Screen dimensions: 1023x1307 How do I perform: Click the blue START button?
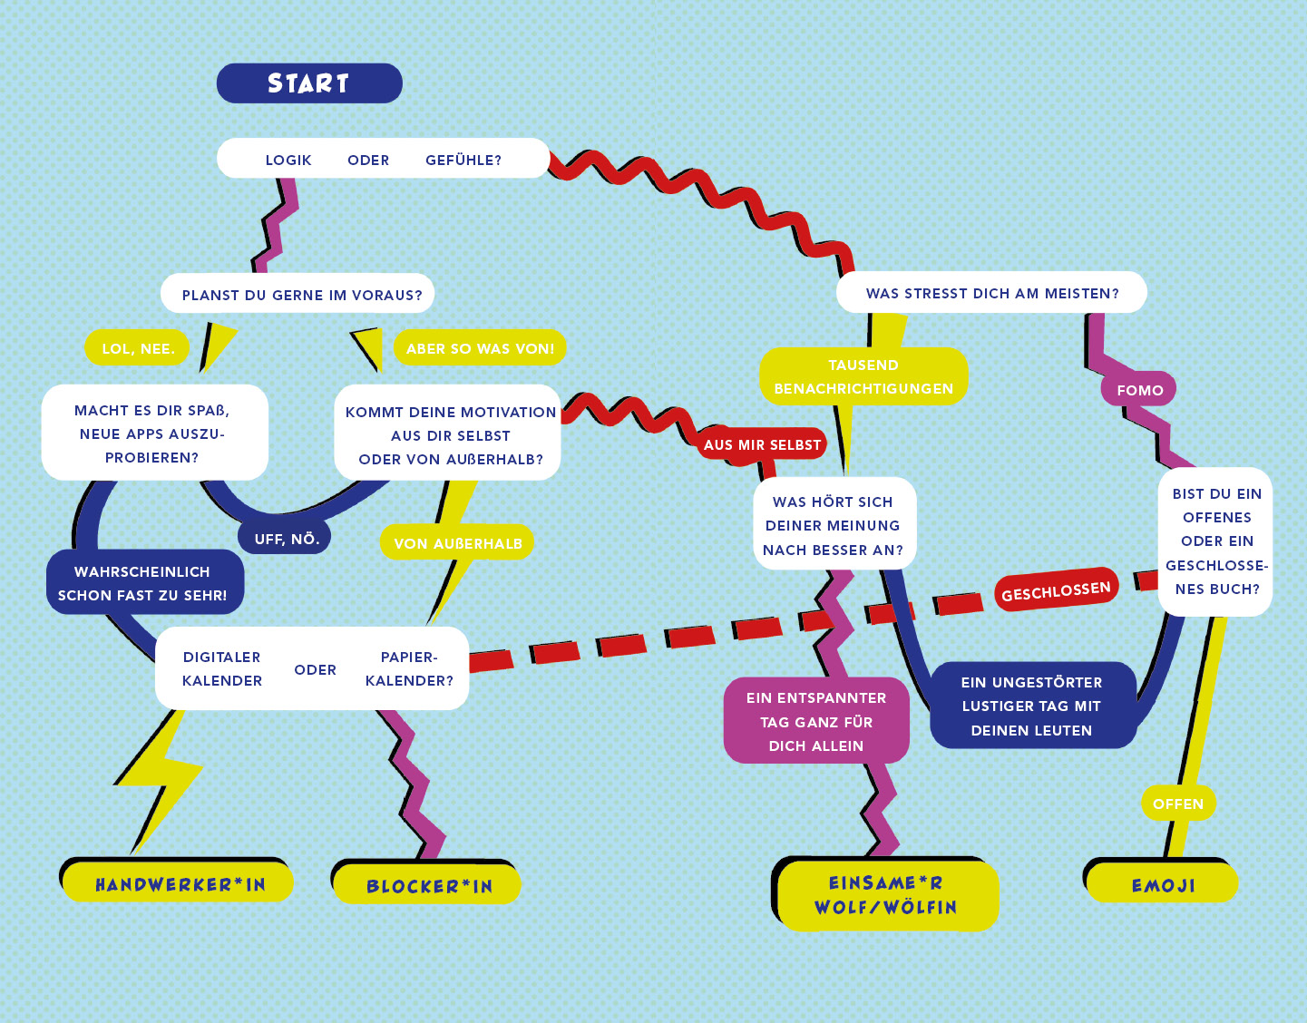coord(308,83)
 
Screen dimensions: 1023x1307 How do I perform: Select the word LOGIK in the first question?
coord(288,161)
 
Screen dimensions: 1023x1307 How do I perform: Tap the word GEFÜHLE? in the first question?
coord(463,161)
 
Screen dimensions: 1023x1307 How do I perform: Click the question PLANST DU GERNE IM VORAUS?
coord(301,295)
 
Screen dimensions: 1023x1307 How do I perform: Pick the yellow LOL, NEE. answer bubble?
coord(138,348)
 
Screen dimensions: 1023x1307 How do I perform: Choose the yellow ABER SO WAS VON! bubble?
coord(480,348)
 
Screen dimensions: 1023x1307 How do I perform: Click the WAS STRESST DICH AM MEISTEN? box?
coord(991,293)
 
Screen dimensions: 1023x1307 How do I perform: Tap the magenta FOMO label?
coord(1139,390)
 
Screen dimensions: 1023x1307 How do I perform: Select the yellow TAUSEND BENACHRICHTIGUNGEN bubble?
coord(863,376)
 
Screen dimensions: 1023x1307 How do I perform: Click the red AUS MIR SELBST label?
coord(762,444)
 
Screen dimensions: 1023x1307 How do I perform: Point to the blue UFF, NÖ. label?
coord(287,539)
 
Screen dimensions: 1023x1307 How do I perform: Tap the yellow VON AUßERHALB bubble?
coord(457,543)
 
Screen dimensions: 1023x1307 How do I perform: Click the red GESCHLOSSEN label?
coord(1056,592)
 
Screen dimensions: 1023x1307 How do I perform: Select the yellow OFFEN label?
coord(1177,804)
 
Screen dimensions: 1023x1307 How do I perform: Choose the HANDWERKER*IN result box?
coord(180,884)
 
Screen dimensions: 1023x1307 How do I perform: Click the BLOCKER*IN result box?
coord(428,885)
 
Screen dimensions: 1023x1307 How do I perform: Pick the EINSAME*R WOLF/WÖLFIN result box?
coord(886,895)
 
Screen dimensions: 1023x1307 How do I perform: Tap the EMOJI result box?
coord(1163,885)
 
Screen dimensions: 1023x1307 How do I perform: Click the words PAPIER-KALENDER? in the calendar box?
coord(409,668)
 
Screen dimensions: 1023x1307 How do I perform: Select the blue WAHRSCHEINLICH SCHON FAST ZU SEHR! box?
coord(143,583)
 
